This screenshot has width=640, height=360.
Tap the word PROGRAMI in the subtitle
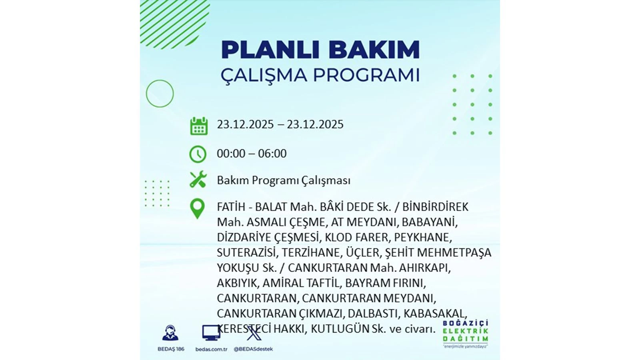366,75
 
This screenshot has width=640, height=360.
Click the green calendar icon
199,126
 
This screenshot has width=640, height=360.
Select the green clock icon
198,154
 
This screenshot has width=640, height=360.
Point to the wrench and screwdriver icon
198,180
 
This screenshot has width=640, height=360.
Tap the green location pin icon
198,209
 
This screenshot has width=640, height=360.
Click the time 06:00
272,154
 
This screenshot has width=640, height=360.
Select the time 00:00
231,154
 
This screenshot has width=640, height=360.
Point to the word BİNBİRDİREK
435,207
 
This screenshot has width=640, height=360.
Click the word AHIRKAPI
425,268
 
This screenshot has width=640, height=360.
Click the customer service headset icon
170,333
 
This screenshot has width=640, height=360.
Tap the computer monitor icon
211,333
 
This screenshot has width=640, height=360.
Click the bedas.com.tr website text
212,349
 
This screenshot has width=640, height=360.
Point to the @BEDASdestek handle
253,349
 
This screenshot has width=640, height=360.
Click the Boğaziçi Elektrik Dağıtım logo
466,334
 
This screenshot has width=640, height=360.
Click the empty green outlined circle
160,80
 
